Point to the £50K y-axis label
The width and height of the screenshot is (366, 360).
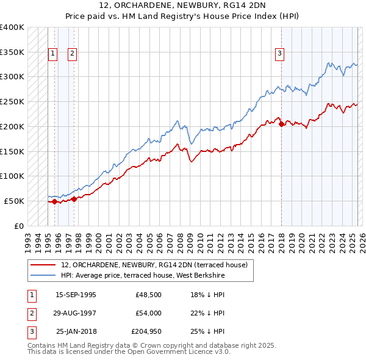coord(15,201)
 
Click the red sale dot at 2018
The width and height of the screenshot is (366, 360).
coord(281,124)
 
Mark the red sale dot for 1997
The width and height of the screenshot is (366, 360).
coord(74,198)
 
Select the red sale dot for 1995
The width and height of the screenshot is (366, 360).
coord(54,201)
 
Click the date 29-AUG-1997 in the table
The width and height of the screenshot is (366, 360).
coord(76,313)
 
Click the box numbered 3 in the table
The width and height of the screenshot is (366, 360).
coord(30,331)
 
